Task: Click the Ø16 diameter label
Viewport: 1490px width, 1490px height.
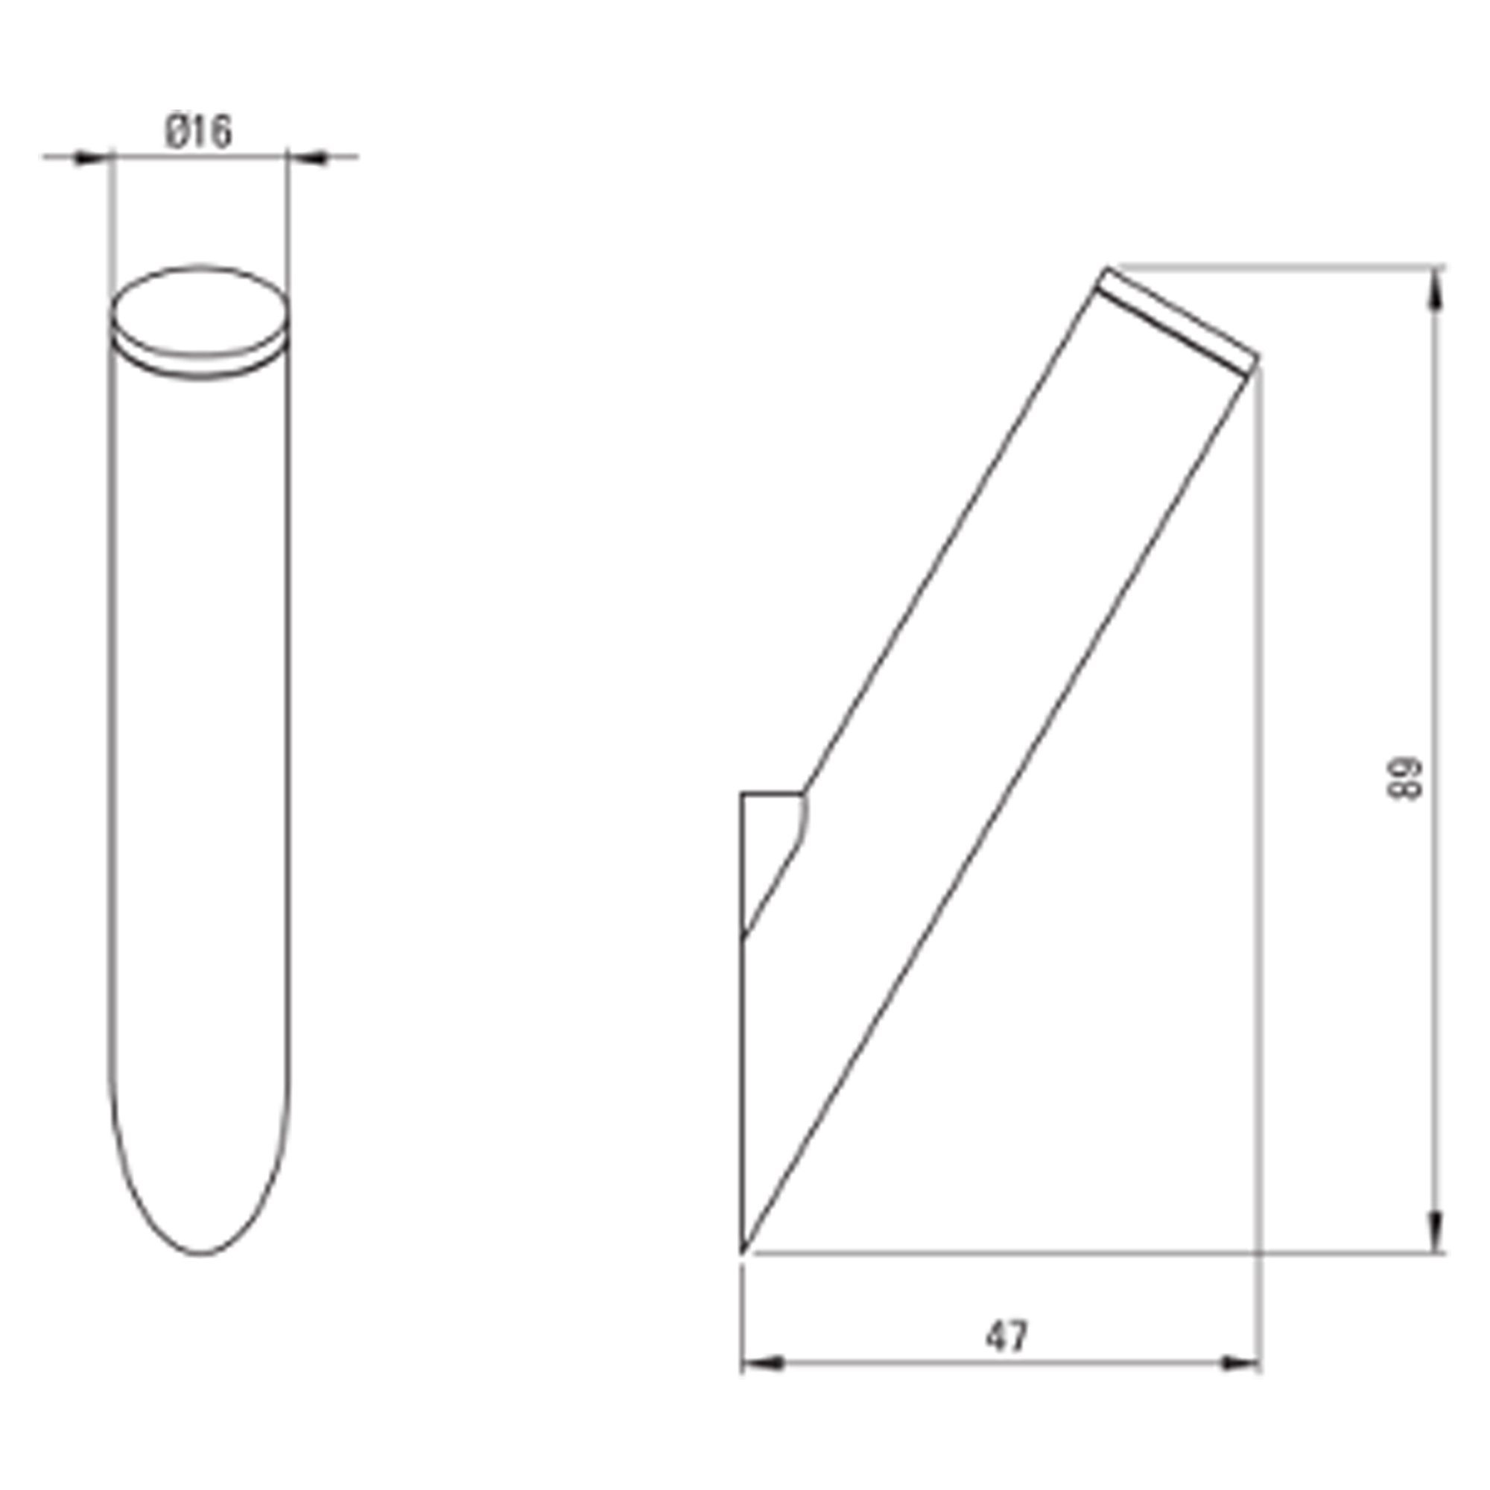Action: click(x=198, y=132)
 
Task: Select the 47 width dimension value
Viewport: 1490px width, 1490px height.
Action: click(x=1006, y=1337)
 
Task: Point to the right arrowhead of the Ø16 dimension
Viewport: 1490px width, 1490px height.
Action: click(x=308, y=158)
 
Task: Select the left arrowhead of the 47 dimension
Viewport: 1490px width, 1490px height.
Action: click(x=763, y=1363)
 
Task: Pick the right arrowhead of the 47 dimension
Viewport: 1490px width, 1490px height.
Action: click(x=1240, y=1363)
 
